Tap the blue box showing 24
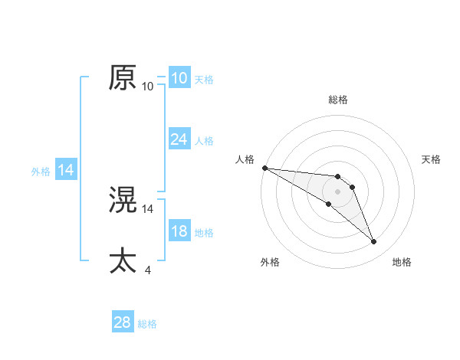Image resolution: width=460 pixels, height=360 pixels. (x=179, y=139)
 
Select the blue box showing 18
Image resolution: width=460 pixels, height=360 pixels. (x=179, y=232)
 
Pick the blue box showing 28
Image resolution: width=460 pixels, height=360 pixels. (x=123, y=322)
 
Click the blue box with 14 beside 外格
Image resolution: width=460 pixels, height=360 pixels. (x=66, y=171)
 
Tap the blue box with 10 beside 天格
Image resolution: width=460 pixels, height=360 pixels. (x=179, y=78)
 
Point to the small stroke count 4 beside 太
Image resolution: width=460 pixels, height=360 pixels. (x=147, y=270)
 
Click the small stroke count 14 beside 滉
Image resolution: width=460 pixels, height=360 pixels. (x=148, y=208)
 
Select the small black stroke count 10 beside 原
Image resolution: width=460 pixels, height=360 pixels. (x=148, y=87)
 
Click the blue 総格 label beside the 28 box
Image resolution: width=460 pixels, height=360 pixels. (x=147, y=324)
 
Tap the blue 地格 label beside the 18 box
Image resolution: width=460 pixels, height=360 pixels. (x=204, y=233)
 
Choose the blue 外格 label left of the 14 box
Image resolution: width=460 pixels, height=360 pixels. (x=41, y=172)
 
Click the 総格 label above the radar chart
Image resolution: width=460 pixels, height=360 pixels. (x=338, y=100)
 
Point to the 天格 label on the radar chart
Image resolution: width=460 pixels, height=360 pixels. (x=432, y=159)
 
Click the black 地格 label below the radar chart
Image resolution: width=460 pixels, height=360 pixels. (x=402, y=262)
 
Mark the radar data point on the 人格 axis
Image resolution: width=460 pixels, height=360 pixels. (x=264, y=168)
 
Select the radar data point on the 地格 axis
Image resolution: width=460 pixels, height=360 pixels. (x=373, y=242)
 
